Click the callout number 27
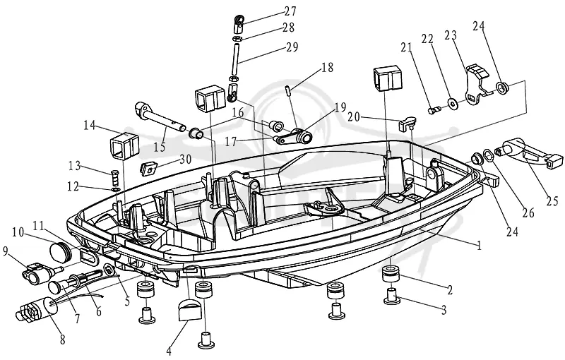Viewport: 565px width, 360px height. click(290, 11)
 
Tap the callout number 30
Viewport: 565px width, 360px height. click(185, 159)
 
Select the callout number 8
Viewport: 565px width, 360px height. click(63, 339)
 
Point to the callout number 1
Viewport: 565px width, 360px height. click(479, 246)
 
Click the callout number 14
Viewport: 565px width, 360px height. click(90, 126)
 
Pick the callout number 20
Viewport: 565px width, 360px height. click(355, 117)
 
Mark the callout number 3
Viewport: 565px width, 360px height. click(444, 309)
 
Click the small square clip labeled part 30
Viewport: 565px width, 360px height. click(148, 168)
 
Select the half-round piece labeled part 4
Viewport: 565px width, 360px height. click(189, 310)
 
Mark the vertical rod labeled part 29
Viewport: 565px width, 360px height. click(236, 59)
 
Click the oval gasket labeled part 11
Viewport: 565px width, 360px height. click(88, 256)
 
